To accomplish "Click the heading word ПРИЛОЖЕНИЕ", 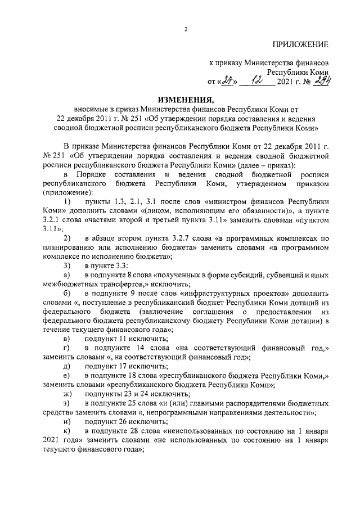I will point(300,44).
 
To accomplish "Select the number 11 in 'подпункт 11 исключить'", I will point(122,339).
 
